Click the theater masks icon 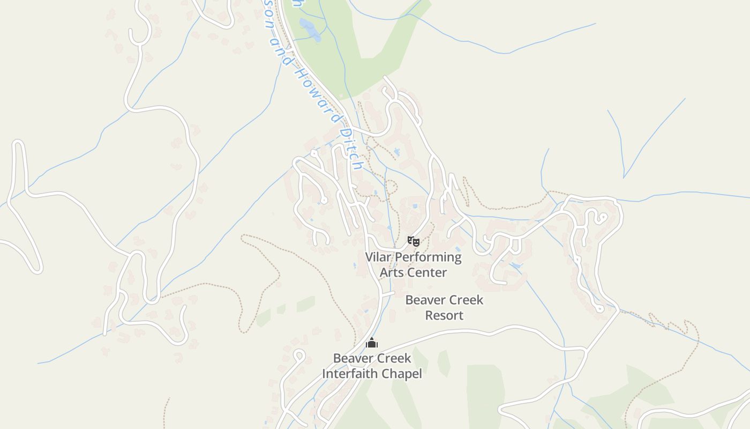coord(413,241)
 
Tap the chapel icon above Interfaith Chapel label coord(372,343)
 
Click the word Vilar coord(378,257)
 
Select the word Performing coord(427,257)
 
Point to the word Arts coord(391,272)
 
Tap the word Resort coord(444,315)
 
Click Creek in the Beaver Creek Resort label coord(464,300)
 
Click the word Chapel coord(402,374)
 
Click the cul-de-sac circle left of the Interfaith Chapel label coord(299,354)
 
